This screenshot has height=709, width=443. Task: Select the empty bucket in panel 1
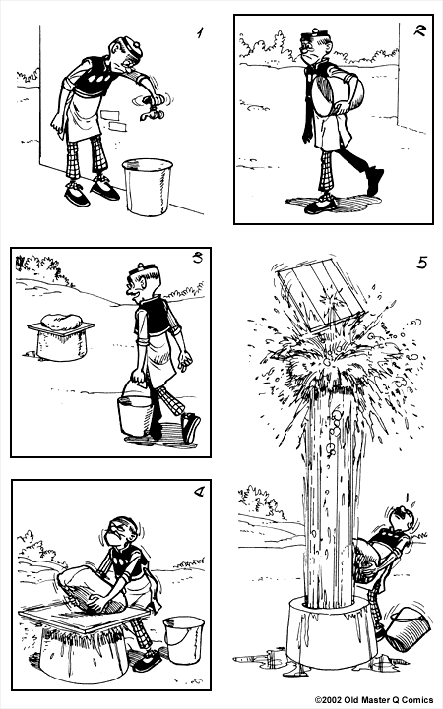coord(148,186)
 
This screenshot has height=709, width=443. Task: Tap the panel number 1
coord(200,32)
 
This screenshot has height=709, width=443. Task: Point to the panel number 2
coord(420,30)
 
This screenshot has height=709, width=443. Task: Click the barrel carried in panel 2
coord(338,94)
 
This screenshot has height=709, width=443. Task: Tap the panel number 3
coord(197,259)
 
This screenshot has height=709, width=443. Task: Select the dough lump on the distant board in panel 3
coord(61,321)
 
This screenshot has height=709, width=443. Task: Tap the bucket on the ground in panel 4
coord(183,639)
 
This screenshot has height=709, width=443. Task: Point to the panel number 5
coord(421,263)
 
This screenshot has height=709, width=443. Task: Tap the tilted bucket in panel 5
coord(407,629)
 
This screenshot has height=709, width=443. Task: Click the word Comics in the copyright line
coord(419,700)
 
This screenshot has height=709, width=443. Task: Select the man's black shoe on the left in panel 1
coord(78,197)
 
